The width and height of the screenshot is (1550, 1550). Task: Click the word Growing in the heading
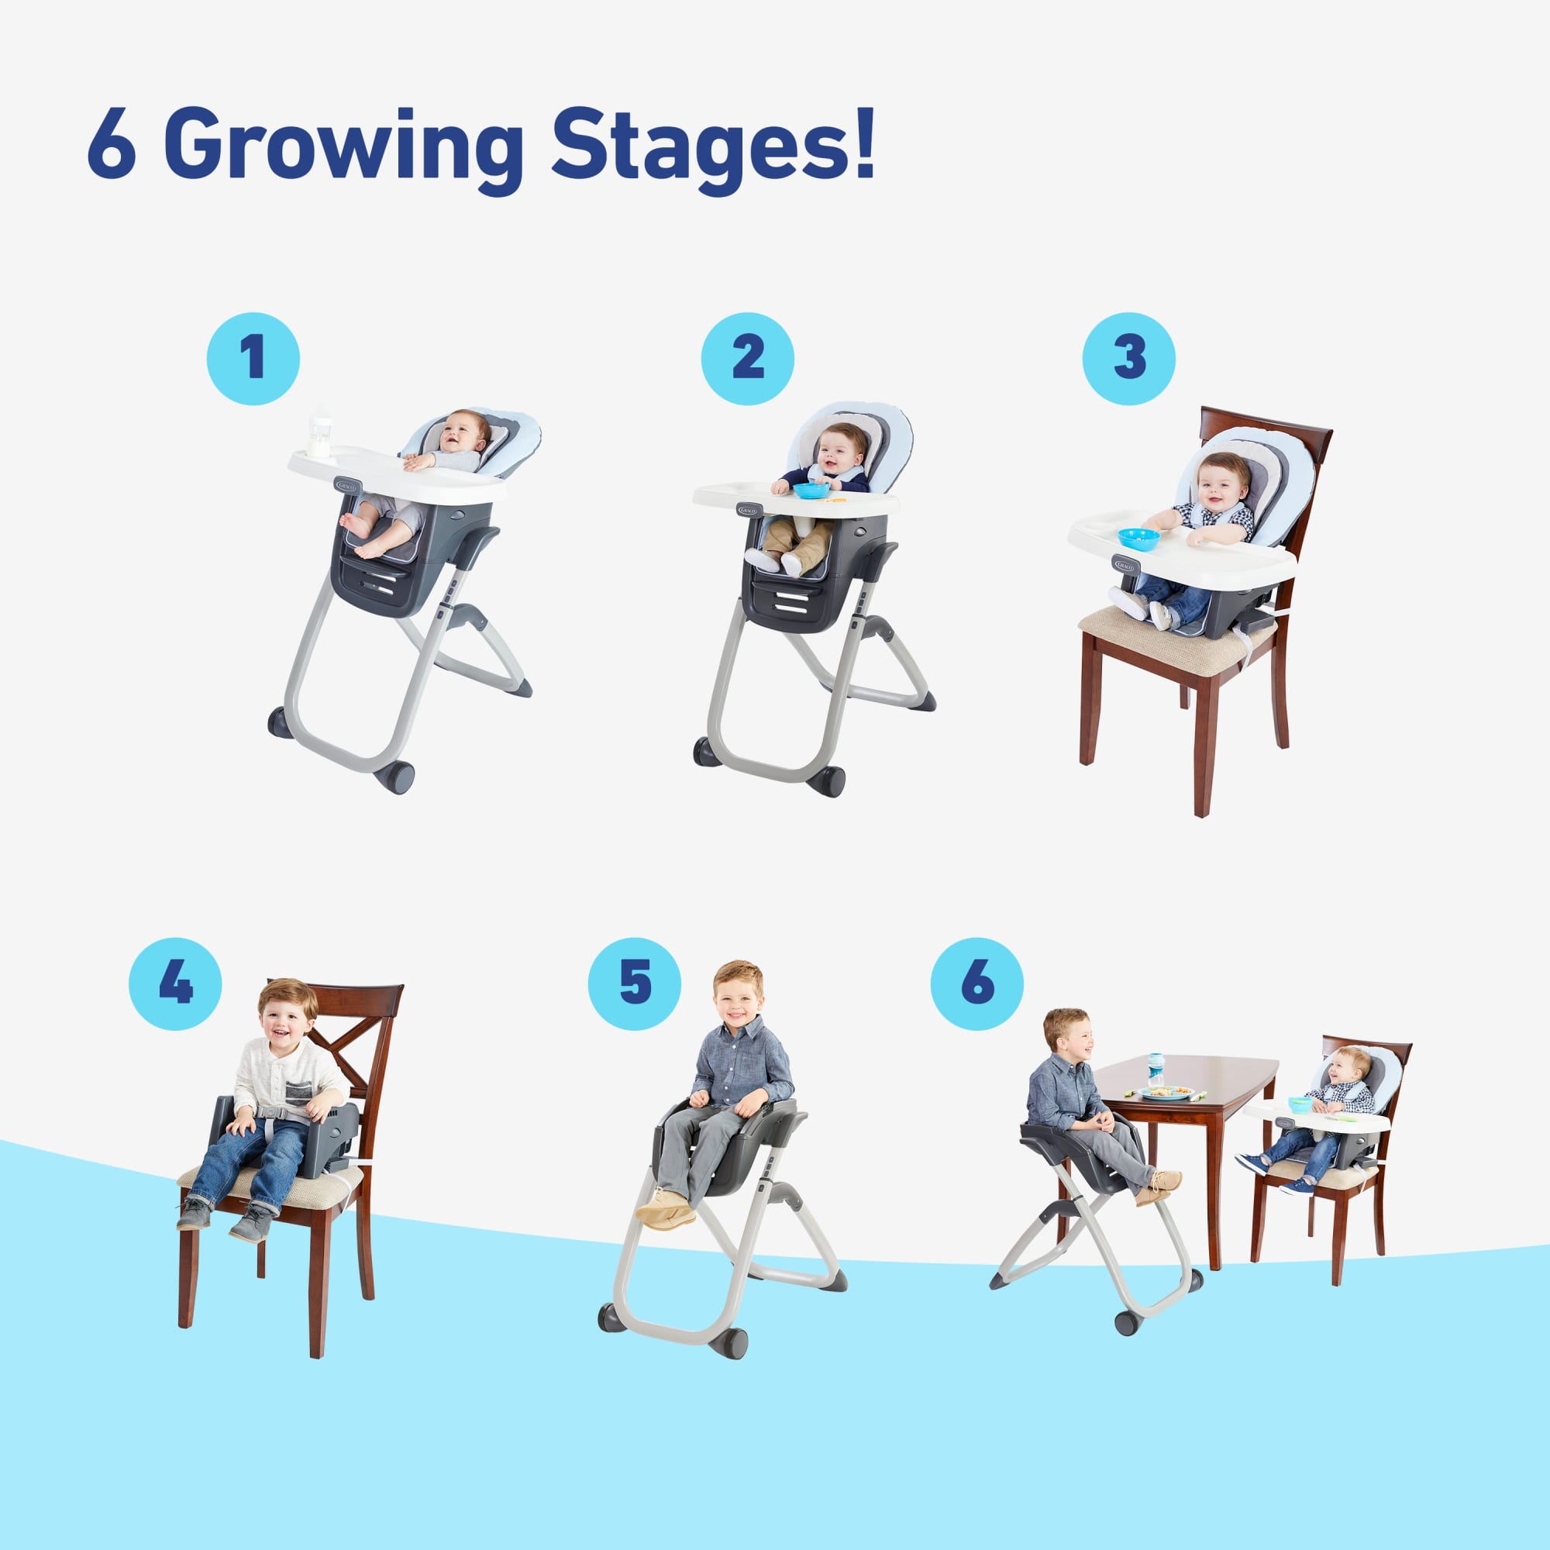pyautogui.click(x=346, y=150)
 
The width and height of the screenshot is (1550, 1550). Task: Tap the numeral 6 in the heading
pyautogui.click(x=111, y=144)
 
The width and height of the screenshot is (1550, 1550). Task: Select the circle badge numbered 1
pyautogui.click(x=253, y=358)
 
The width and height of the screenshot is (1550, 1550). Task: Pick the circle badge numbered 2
pyautogui.click(x=747, y=358)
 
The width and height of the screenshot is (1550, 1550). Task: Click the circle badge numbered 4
pyautogui.click(x=176, y=983)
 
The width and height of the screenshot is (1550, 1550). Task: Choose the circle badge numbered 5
pyautogui.click(x=635, y=983)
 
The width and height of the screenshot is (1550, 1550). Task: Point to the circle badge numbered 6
pyautogui.click(x=977, y=983)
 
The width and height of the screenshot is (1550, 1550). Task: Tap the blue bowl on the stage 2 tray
pyautogui.click(x=811, y=489)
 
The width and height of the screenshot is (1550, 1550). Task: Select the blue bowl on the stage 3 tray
pyautogui.click(x=1138, y=539)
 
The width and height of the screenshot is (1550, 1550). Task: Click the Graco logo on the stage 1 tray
pyautogui.click(x=348, y=485)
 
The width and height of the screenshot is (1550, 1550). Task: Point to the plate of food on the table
pyautogui.click(x=1166, y=1093)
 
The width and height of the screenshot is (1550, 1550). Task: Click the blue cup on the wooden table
pyautogui.click(x=1156, y=1069)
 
